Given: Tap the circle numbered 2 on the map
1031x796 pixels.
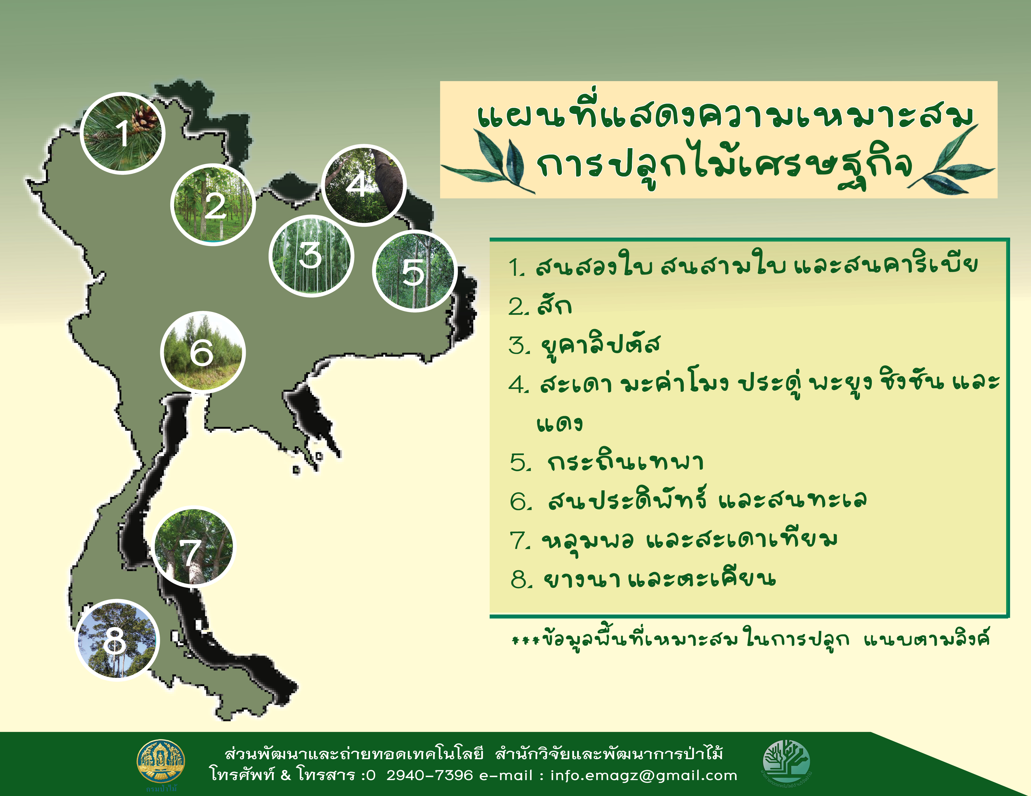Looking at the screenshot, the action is pyautogui.click(x=213, y=205).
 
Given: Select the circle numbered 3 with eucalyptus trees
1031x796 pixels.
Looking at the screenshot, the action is pyautogui.click(x=311, y=256).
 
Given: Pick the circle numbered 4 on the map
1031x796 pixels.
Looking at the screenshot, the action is pyautogui.click(x=364, y=185).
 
